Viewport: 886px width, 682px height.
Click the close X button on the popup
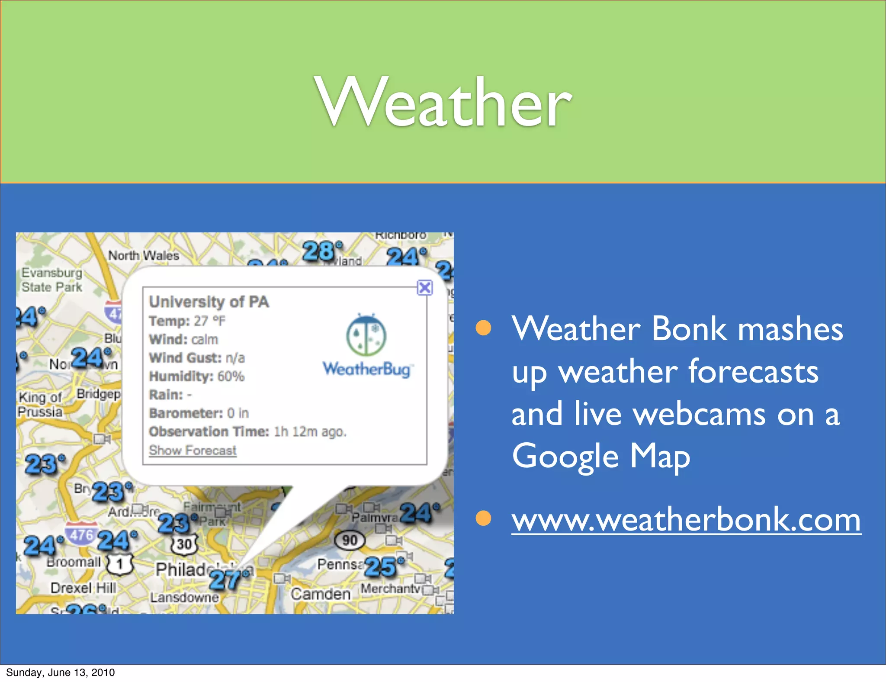[425, 288]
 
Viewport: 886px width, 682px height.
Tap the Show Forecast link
[193, 450]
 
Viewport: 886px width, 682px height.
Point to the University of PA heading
[209, 302]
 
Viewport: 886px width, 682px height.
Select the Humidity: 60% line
[197, 376]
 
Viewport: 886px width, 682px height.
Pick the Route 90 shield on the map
[350, 540]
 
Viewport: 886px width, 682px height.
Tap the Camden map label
[320, 594]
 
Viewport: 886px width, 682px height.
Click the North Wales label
[144, 256]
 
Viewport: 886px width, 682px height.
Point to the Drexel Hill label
[83, 588]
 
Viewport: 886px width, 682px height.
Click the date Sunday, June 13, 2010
[61, 672]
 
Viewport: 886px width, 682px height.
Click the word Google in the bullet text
[565, 456]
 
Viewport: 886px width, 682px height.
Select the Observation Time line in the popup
[247, 432]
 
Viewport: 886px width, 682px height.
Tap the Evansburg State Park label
[52, 280]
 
